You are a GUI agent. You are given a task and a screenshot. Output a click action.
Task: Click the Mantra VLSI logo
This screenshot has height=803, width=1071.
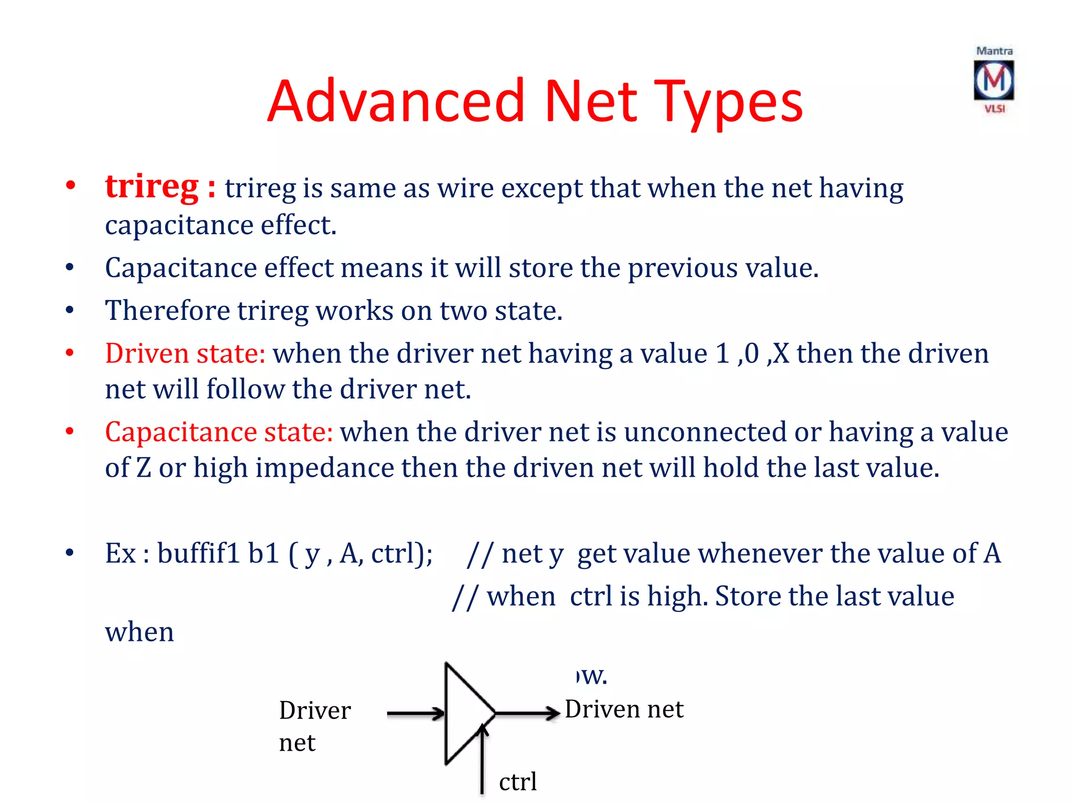994,80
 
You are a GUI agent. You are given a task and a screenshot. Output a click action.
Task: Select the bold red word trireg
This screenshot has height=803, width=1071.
152,186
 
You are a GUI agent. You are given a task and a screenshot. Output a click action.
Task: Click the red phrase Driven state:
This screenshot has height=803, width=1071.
185,353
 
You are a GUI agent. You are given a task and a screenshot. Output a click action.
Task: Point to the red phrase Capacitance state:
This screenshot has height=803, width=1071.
219,432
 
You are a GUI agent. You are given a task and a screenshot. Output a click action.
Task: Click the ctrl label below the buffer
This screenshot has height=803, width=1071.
518,782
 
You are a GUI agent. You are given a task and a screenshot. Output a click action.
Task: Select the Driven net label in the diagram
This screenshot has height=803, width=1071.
624,709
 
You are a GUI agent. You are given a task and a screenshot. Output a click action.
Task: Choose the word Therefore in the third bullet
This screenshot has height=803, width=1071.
167,311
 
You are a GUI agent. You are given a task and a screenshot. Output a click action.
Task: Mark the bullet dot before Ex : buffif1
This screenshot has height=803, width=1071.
70,553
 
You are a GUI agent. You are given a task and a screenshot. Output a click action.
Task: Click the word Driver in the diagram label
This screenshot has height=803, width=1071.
315,710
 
